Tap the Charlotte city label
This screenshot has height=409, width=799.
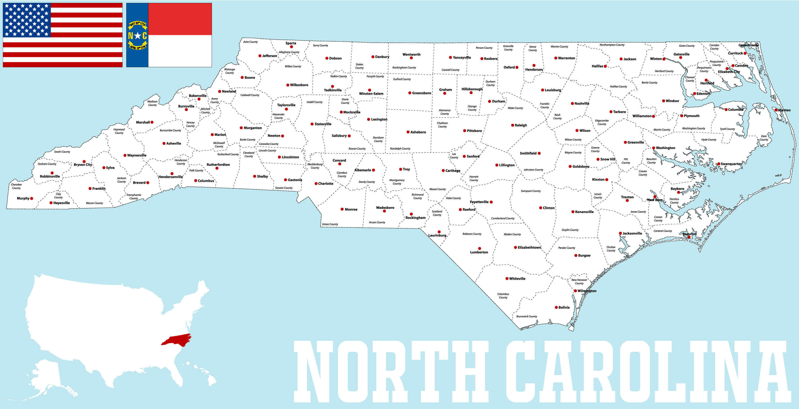pos(326,184)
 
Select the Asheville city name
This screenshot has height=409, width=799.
pos(173,143)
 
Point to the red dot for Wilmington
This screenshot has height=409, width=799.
pos(575,291)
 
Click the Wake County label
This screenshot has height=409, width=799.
pos(515,108)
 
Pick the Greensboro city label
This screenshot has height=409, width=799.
pos(422,93)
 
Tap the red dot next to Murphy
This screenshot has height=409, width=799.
pos(32,198)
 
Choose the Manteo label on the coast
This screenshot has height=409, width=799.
pos(784,110)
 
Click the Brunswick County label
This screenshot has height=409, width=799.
pos(527,317)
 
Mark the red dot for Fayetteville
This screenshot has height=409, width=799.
pos(491,202)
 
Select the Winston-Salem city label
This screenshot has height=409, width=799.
pos(371,94)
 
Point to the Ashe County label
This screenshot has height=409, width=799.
pos(250,42)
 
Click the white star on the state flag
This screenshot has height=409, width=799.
pos(137,36)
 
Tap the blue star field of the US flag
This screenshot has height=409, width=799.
pos(27,20)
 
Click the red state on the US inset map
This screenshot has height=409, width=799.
pos(176,339)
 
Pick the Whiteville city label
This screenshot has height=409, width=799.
pos(517,279)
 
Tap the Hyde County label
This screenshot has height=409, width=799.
pos(709,140)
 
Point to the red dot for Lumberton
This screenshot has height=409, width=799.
pos(479,249)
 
